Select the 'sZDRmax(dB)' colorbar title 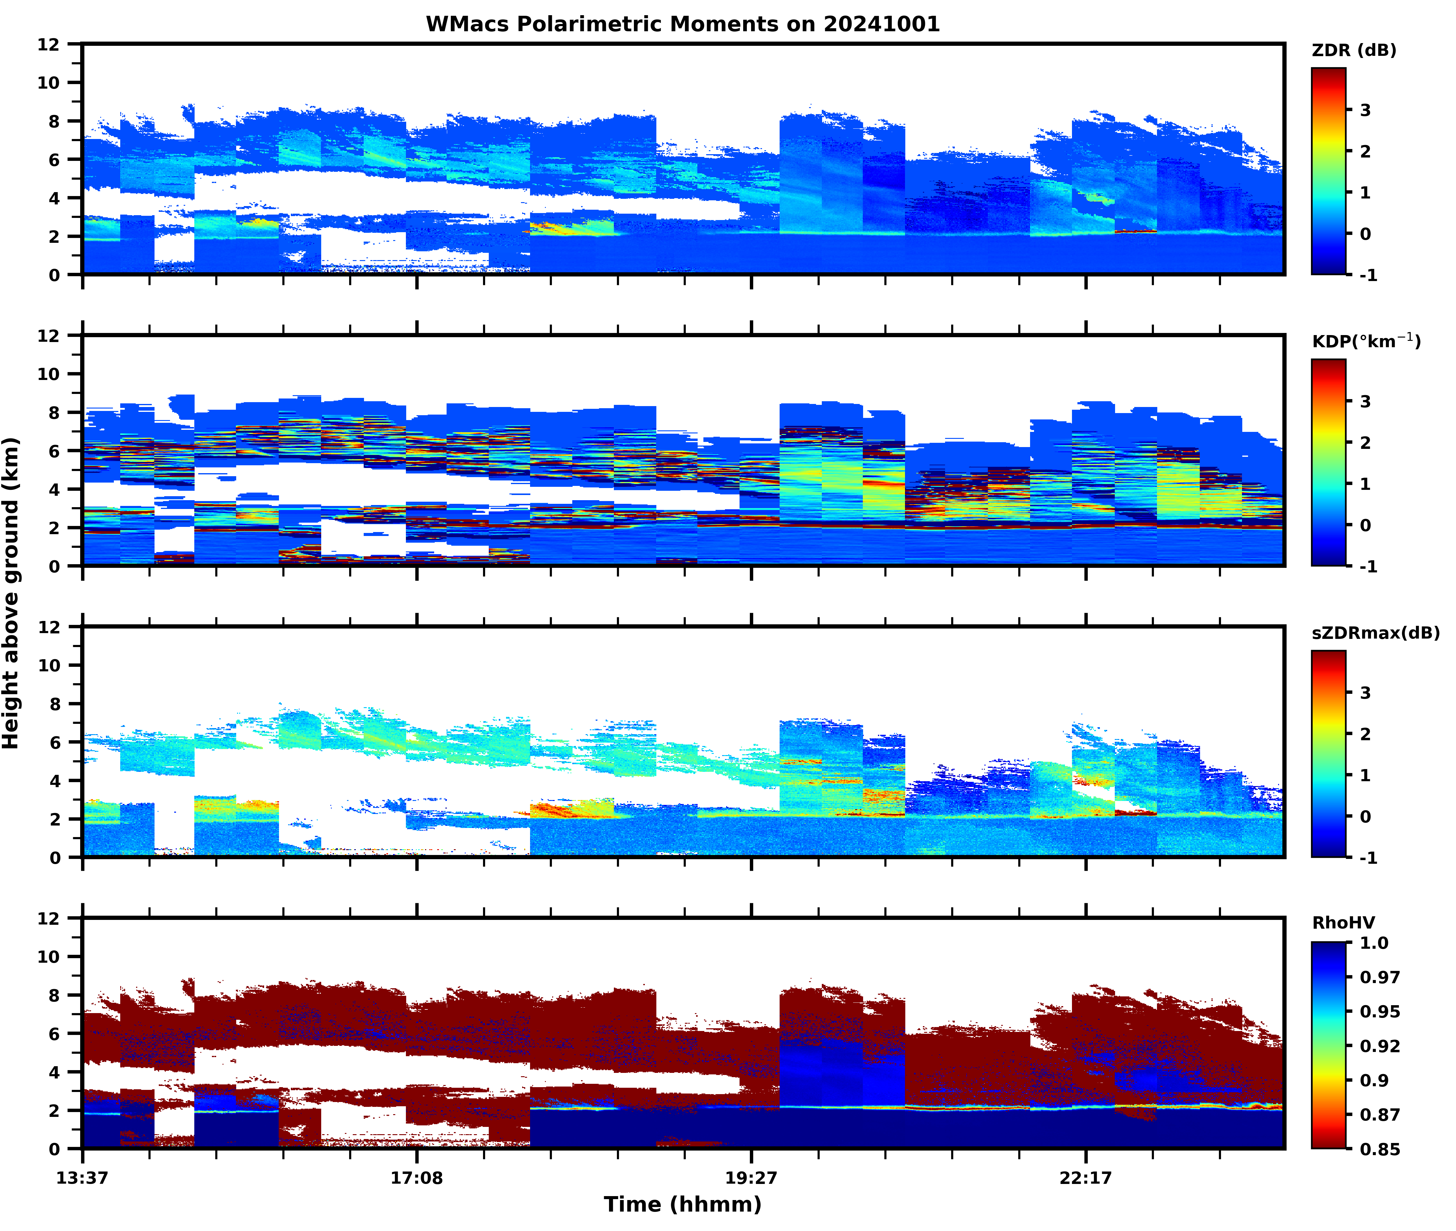coord(1375,633)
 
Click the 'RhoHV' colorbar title coord(1343,923)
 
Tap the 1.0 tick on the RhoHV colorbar coord(1374,944)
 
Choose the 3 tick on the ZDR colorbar coord(1365,110)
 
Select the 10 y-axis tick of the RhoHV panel coord(49,957)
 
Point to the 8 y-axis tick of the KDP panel coord(54,412)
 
